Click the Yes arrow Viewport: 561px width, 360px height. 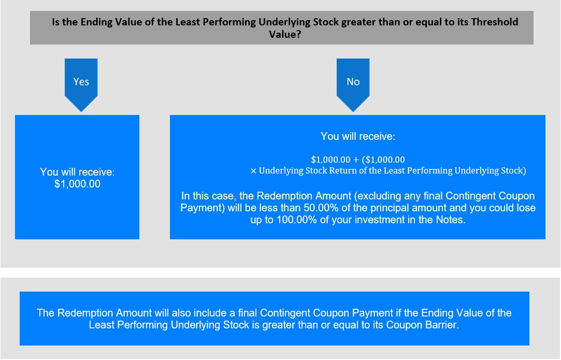(81, 85)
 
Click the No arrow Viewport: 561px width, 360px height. (353, 85)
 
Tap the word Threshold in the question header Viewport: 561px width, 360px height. (495, 22)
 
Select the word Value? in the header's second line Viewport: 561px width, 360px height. (285, 34)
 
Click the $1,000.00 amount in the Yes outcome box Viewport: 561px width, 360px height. (77, 184)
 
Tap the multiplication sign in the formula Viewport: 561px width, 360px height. (253, 171)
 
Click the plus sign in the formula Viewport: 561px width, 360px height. (356, 160)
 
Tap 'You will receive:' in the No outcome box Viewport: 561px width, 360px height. (358, 136)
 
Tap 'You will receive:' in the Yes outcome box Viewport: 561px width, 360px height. (77, 172)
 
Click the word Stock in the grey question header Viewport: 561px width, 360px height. (326, 22)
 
